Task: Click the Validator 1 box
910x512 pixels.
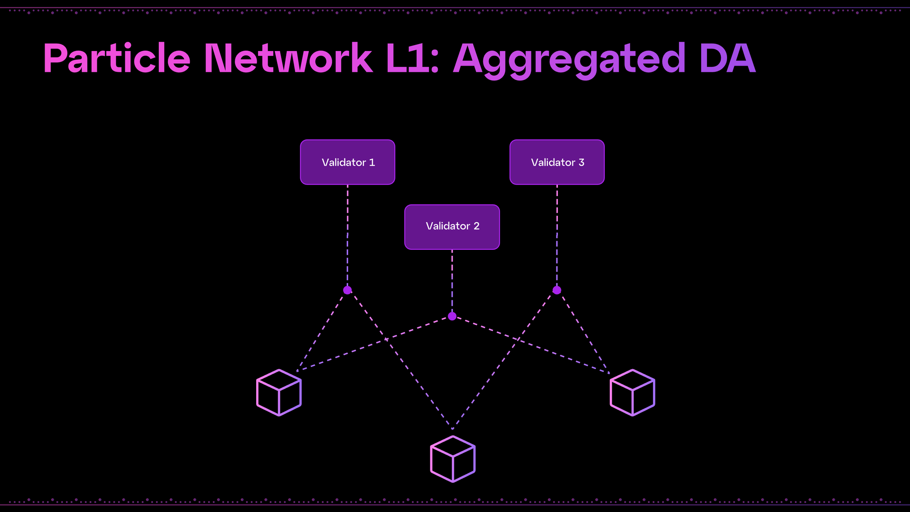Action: [348, 162]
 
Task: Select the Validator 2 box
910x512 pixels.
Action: [452, 227]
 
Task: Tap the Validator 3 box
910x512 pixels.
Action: [557, 162]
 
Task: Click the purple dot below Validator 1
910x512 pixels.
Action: [348, 290]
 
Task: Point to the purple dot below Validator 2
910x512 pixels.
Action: [452, 316]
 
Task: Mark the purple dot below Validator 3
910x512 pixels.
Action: [557, 290]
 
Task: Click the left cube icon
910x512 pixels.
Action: [279, 392]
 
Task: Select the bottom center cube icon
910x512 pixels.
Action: [453, 459]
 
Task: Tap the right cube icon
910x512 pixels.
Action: [632, 392]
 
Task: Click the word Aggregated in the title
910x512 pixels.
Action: [569, 59]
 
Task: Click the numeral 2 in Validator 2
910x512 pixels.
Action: [476, 226]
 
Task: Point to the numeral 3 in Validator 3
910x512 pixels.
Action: [581, 162]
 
